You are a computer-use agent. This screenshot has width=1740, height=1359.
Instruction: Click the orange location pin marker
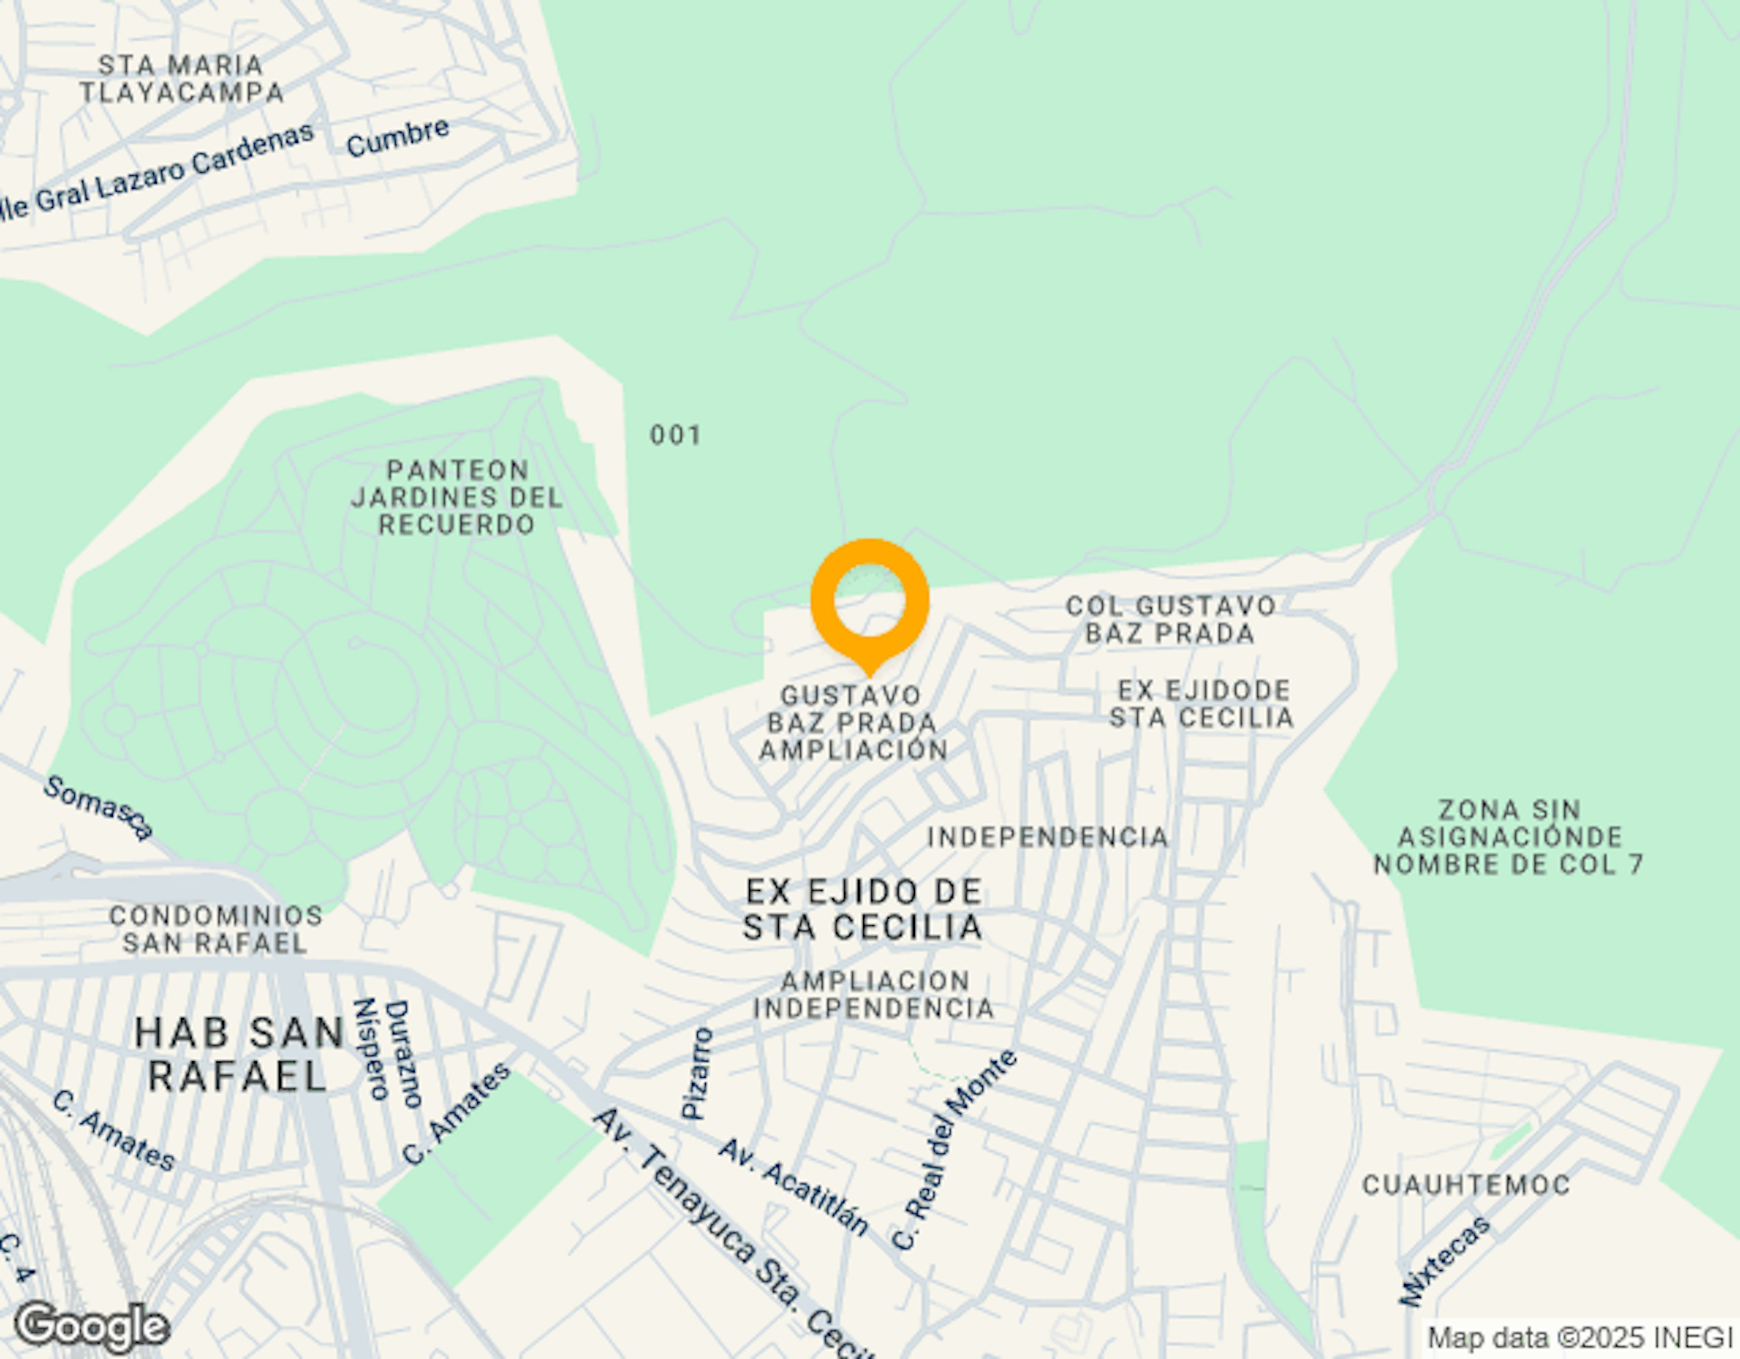pyautogui.click(x=869, y=602)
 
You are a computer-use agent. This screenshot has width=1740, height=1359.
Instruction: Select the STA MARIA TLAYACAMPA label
pyautogui.click(x=182, y=79)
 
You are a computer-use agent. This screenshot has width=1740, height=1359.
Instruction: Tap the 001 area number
pyautogui.click(x=676, y=435)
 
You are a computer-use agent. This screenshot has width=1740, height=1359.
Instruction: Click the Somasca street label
pyautogui.click(x=98, y=807)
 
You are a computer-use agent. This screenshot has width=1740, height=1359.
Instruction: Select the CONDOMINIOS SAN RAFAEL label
pyautogui.click(x=216, y=929)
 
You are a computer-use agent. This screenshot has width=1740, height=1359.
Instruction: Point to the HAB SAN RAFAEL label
pyautogui.click(x=238, y=1054)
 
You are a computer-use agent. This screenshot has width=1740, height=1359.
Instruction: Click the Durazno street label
pyautogui.click(x=403, y=1054)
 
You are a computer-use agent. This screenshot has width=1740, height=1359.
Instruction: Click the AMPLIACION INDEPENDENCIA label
pyautogui.click(x=874, y=994)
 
